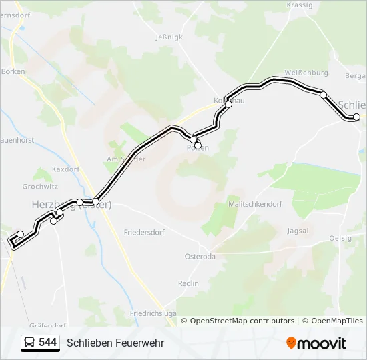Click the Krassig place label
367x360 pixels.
(299, 5)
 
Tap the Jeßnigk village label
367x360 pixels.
(168, 37)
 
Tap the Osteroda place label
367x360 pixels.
(200, 257)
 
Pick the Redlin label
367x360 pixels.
(188, 283)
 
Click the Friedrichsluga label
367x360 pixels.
(153, 313)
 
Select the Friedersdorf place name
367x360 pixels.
(144, 233)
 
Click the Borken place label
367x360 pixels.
(13, 71)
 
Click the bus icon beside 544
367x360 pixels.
(30, 343)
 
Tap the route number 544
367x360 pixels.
(47, 343)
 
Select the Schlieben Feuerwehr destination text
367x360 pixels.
(115, 343)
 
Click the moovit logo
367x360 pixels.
(316, 343)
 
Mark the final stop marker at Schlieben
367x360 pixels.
(356, 117)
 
